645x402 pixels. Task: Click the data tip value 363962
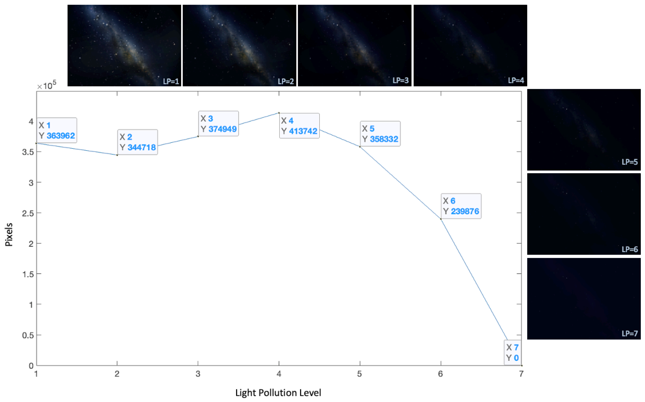[61, 136]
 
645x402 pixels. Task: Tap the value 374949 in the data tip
[223, 129]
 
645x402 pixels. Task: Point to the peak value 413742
[303, 131]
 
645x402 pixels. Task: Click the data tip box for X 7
[512, 353]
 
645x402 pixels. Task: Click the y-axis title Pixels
[9, 234]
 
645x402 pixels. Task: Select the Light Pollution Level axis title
[278, 392]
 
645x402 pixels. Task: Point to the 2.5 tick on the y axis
[28, 213]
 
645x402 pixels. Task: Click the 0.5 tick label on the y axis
[28, 335]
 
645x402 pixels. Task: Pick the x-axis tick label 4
[279, 374]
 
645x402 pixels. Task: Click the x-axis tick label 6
[441, 374]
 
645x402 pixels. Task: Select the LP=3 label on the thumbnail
[400, 80]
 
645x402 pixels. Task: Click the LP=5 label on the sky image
[630, 162]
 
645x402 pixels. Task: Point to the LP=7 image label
[630, 333]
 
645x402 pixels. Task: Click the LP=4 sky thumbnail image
[470, 45]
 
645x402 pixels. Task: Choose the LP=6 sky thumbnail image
[584, 214]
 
